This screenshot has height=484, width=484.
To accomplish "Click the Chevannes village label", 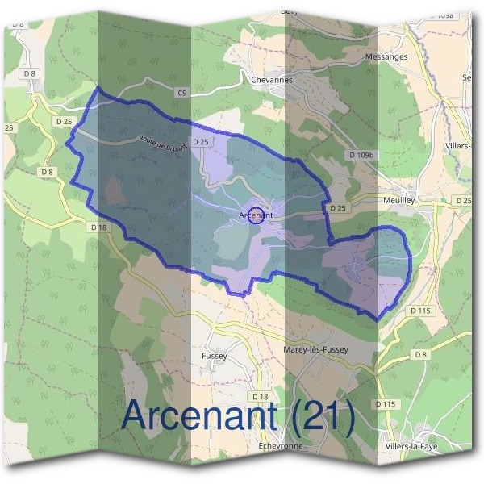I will [x=272, y=80].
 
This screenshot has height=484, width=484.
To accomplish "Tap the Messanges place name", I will [x=409, y=57].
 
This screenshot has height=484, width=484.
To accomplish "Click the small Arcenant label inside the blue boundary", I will [x=257, y=215].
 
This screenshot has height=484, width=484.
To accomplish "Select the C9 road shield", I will [x=182, y=94].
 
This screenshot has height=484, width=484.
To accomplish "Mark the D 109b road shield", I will [x=364, y=153].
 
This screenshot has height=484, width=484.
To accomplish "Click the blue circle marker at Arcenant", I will [x=256, y=215].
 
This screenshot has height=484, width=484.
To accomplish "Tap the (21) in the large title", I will [x=322, y=416].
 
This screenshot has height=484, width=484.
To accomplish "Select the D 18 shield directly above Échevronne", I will [x=260, y=397].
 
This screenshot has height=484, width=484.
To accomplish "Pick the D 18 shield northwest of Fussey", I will [x=99, y=227].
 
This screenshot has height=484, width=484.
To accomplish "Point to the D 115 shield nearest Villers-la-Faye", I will [x=386, y=403].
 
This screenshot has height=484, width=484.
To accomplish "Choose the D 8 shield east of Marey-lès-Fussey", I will [x=420, y=354].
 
